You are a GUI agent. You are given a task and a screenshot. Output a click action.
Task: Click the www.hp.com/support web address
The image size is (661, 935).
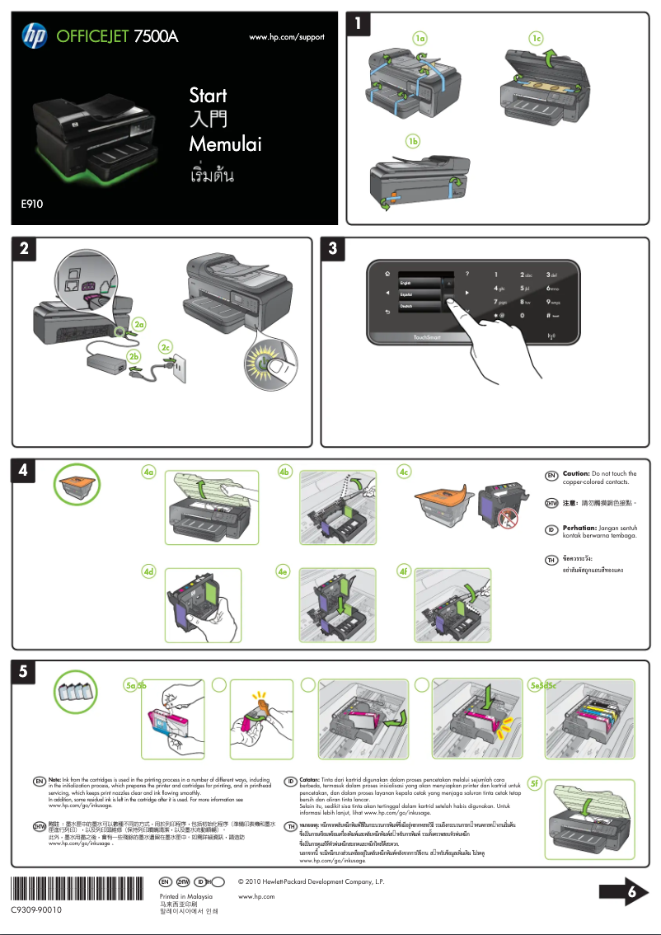(x=286, y=37)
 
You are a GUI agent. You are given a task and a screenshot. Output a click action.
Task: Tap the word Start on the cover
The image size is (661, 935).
(x=208, y=96)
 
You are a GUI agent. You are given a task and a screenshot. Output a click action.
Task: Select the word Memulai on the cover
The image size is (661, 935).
(x=225, y=144)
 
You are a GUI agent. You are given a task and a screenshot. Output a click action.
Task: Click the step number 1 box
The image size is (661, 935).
(x=357, y=25)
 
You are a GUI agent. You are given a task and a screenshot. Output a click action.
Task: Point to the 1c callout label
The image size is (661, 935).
(x=537, y=39)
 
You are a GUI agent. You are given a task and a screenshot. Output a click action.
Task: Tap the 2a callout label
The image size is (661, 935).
(x=140, y=323)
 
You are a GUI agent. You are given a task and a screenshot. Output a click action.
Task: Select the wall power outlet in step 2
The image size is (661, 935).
(x=178, y=371)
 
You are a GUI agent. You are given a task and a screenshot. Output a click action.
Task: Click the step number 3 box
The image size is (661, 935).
(x=331, y=248)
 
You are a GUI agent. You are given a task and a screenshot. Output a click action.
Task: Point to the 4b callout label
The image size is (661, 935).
(x=285, y=472)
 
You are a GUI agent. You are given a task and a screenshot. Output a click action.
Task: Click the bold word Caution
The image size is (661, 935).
(x=576, y=474)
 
